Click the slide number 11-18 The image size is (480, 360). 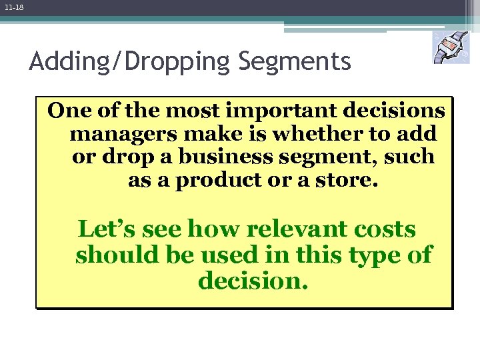click(x=13, y=7)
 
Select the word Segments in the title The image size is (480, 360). click(x=294, y=61)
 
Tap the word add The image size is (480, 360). click(x=418, y=134)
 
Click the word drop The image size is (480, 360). click(x=123, y=158)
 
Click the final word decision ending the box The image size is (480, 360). click(x=253, y=281)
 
